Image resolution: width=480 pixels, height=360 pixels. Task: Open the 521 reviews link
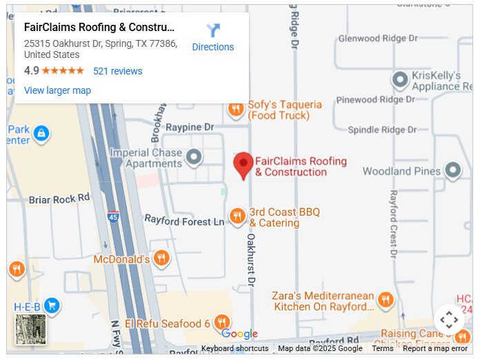[118, 71]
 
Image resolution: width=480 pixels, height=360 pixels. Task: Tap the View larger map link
[57, 90]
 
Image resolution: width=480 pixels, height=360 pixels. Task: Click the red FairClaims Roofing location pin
[243, 166]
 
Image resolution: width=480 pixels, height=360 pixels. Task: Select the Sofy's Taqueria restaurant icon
[236, 109]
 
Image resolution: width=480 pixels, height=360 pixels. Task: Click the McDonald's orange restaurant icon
[161, 259]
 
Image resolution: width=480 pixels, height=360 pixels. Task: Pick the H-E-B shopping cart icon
[52, 306]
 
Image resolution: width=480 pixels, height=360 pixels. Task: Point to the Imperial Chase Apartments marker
[194, 157]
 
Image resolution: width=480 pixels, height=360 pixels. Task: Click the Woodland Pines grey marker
[452, 170]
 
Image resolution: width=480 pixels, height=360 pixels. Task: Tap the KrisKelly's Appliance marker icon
[400, 80]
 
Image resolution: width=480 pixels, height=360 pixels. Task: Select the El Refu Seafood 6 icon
[221, 322]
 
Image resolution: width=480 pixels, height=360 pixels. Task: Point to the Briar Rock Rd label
[59, 199]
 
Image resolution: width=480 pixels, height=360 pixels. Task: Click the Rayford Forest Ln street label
[183, 221]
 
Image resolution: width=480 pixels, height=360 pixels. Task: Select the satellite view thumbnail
[31, 330]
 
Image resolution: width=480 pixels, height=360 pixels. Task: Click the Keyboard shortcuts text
[234, 348]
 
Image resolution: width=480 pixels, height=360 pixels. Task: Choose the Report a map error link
[435, 348]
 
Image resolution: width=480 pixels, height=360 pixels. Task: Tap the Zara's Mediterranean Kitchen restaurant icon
[385, 300]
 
